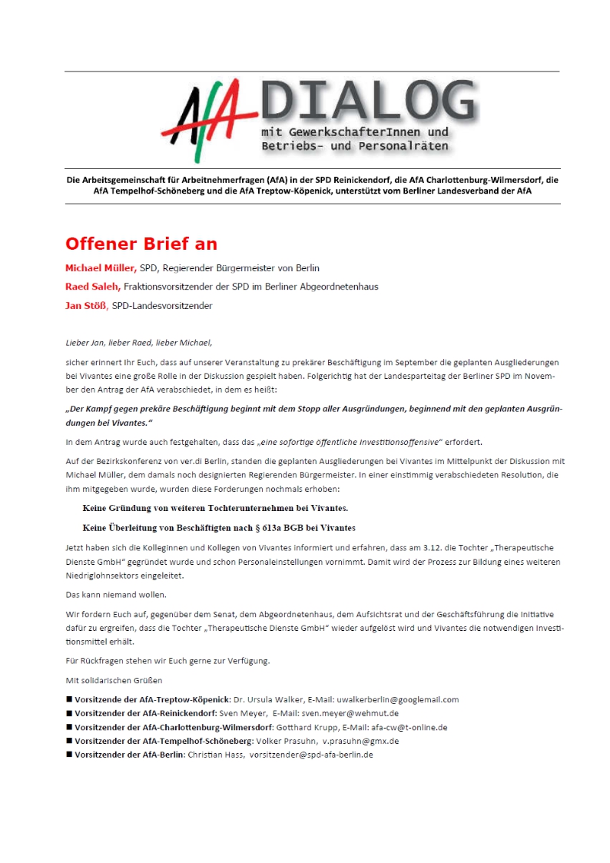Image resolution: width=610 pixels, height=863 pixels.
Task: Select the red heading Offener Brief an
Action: [x=141, y=244]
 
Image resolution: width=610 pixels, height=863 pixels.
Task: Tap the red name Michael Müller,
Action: [x=101, y=268]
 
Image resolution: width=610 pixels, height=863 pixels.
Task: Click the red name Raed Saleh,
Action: [x=93, y=287]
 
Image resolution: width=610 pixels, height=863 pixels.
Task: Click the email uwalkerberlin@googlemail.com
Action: [x=397, y=699]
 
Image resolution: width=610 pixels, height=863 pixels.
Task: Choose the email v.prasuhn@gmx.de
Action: [x=350, y=741]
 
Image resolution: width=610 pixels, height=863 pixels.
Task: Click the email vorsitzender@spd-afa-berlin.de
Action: [x=311, y=755]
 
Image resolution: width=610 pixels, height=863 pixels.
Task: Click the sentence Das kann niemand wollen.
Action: [x=115, y=594]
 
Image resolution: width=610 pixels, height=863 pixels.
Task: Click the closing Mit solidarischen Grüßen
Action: [x=114, y=680]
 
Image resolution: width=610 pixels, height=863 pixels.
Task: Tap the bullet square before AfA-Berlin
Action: [x=69, y=755]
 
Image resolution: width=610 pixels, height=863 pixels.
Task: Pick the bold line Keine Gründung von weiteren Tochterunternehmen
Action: [x=215, y=509]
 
